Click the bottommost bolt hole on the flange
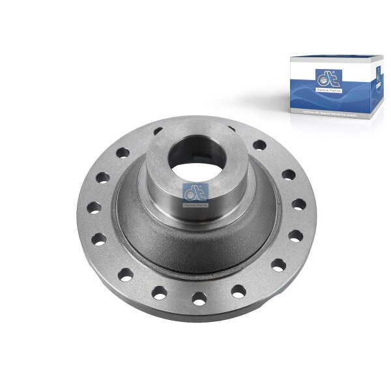199,298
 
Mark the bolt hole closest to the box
259,145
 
